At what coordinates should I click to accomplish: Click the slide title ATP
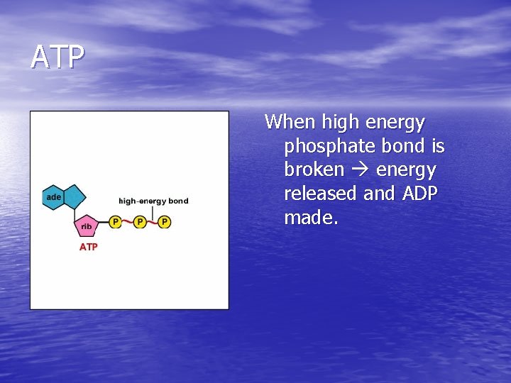click(x=57, y=57)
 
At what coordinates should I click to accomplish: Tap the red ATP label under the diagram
click(x=89, y=247)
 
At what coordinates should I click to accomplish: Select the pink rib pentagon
click(x=87, y=226)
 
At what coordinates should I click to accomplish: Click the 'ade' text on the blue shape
click(x=53, y=196)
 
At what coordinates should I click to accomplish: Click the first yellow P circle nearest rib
click(x=116, y=222)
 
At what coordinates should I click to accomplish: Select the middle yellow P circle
click(x=140, y=222)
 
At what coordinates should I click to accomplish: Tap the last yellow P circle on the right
click(x=165, y=222)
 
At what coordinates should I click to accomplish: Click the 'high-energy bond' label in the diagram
click(x=153, y=201)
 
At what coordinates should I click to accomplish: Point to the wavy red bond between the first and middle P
click(x=128, y=222)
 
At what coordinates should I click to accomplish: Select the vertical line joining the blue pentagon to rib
click(x=77, y=212)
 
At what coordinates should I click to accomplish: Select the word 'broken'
click(x=314, y=170)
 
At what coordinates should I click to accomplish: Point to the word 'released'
click(x=321, y=194)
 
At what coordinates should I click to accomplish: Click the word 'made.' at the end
click(x=312, y=218)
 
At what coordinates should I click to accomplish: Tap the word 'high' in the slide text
click(x=341, y=122)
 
